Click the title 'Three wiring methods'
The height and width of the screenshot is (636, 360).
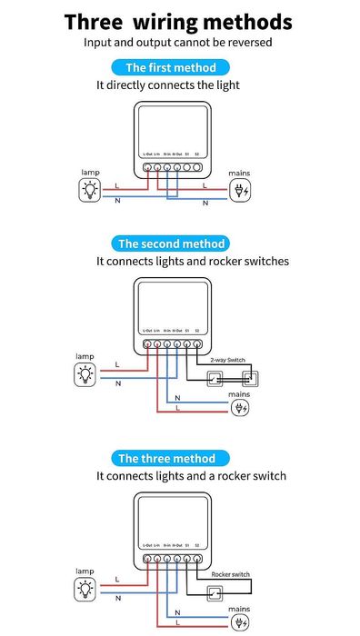[178, 22]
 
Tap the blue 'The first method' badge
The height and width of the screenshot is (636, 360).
[170, 67]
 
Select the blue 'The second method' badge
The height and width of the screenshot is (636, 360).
[172, 243]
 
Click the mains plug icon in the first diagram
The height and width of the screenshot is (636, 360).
[240, 191]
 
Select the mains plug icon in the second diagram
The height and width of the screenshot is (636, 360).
[240, 408]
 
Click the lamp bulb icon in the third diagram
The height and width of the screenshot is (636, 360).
[85, 588]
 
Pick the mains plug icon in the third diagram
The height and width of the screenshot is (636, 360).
[240, 622]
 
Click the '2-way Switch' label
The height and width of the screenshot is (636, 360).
[227, 361]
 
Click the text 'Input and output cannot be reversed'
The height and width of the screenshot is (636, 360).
[178, 43]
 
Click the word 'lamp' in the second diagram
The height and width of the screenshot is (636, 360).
[85, 356]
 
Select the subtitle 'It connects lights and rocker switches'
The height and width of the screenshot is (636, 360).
[193, 261]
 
